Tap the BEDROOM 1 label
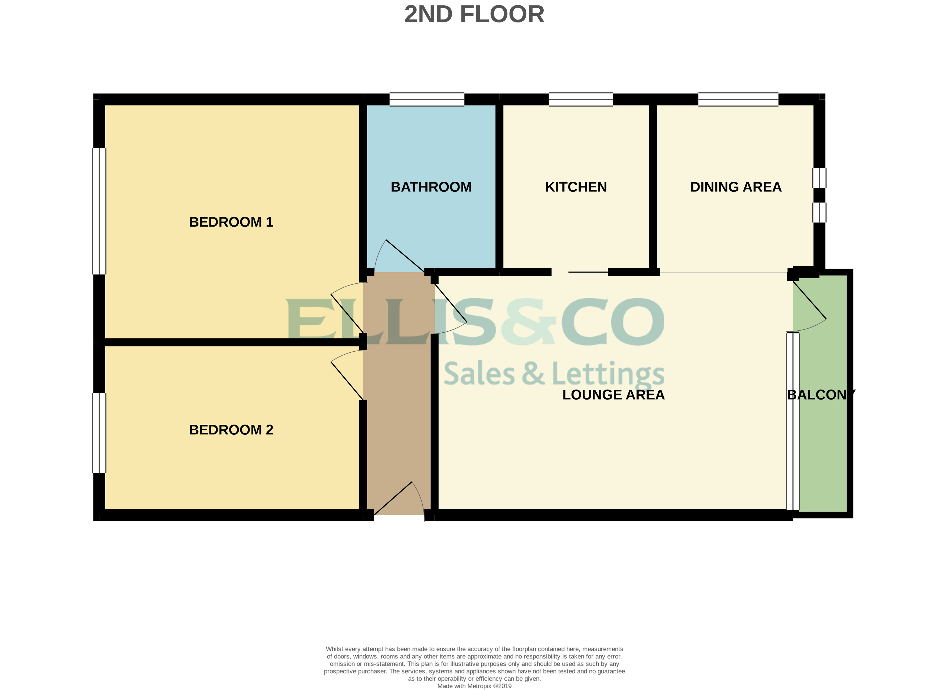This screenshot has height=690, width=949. coord(231,222)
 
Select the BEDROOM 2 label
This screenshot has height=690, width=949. coord(231,430)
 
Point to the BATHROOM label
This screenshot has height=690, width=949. coord(431,187)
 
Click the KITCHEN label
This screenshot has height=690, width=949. coord(576,187)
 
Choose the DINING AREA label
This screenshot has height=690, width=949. coord(735,187)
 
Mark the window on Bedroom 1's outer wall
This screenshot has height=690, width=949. coord(99,211)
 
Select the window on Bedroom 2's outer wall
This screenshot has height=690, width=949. coord(99,433)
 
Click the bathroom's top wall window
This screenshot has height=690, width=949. coord(427,99)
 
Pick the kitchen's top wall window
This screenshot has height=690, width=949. coord(581,99)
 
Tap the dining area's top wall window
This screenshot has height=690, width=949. coord(738,99)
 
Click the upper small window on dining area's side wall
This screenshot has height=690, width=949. coord(819,178)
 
